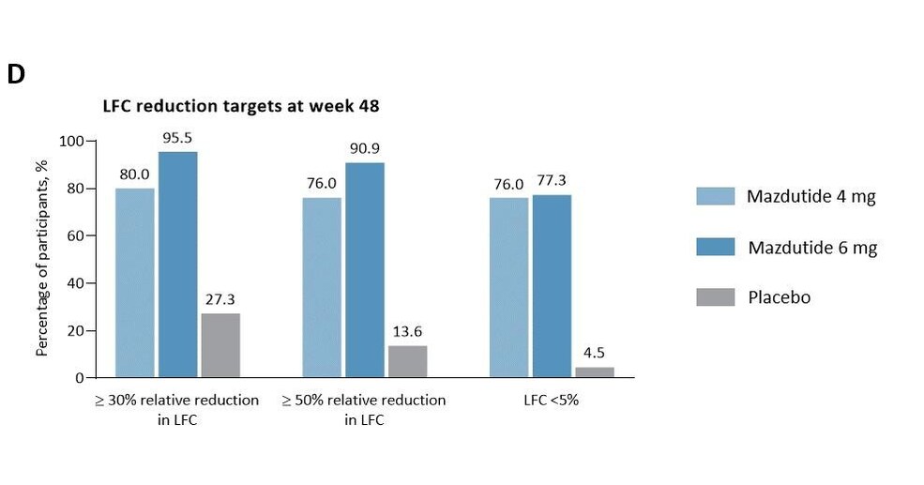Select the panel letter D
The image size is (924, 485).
tap(15, 76)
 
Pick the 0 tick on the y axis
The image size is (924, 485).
tap(79, 378)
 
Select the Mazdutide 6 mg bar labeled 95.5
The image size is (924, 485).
tap(177, 265)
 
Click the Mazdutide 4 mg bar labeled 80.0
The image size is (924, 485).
tap(134, 282)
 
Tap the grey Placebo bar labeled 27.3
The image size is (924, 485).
tap(220, 345)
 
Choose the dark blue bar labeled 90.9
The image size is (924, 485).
tap(365, 270)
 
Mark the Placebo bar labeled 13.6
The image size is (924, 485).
tap(407, 361)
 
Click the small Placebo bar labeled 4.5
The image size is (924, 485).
tap(594, 372)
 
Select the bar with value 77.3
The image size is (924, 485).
tap(552, 286)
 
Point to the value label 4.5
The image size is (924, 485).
tap(594, 354)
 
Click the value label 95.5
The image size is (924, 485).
tap(177, 137)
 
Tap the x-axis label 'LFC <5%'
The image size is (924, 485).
tap(552, 401)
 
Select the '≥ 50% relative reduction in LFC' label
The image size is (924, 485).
tap(364, 410)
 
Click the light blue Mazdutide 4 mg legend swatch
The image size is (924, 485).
tap(714, 195)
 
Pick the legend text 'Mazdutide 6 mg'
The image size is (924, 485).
tap(812, 248)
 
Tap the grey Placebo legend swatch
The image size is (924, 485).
tap(714, 297)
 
